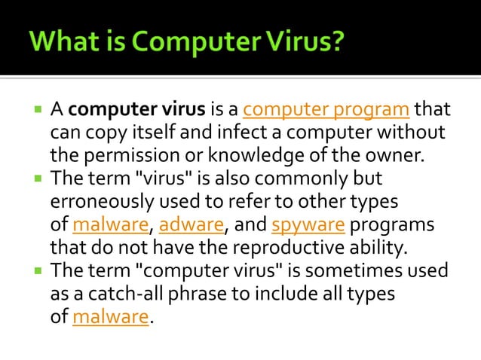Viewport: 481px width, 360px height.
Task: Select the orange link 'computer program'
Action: (326, 111)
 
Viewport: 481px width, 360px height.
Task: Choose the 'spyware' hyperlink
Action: (298, 225)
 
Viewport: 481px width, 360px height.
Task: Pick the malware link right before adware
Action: (111, 225)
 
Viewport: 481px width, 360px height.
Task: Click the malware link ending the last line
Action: (111, 317)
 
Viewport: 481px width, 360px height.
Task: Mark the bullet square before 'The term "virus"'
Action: (38, 181)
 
